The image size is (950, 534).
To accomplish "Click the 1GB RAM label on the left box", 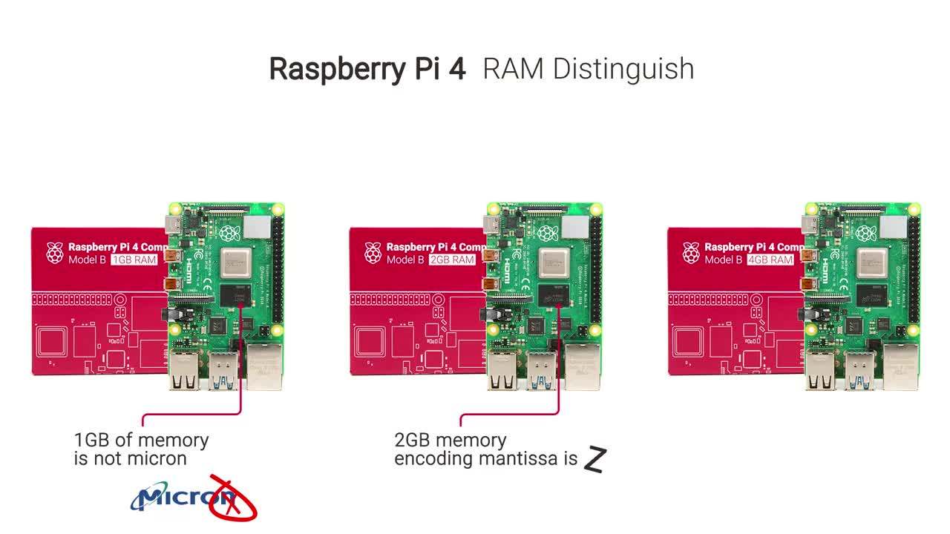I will pyautogui.click(x=134, y=260).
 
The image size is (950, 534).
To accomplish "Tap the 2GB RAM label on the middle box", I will pyautogui.click(x=452, y=260).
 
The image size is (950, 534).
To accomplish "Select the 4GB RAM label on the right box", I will pyautogui.click(x=770, y=260).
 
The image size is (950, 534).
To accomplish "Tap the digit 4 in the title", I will pyautogui.click(x=457, y=68).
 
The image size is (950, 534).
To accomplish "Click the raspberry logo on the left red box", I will pyautogui.click(x=55, y=253).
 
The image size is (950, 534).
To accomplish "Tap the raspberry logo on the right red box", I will pyautogui.click(x=691, y=253).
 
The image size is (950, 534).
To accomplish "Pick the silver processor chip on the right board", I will pyautogui.click(x=872, y=261).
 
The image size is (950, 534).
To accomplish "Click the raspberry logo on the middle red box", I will pyautogui.click(x=373, y=253).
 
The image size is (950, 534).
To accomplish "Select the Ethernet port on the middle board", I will pyautogui.click(x=583, y=366).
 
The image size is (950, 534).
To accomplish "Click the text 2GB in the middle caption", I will pyautogui.click(x=412, y=440).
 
